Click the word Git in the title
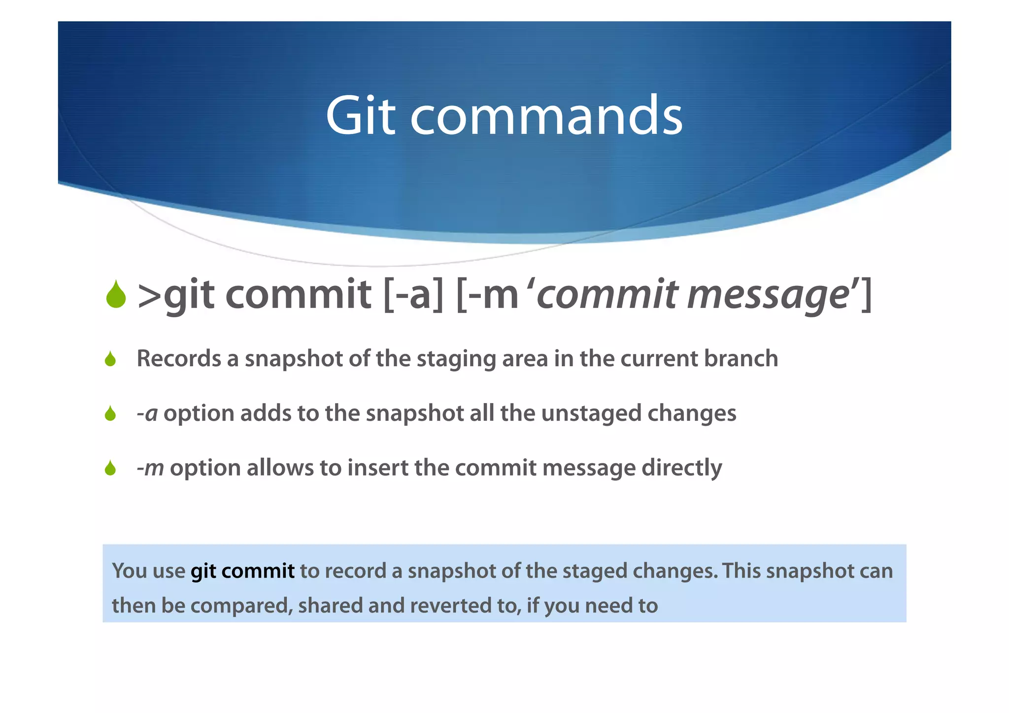tap(360, 116)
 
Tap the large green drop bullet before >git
tap(116, 295)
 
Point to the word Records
tap(178, 358)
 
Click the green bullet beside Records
tap(110, 359)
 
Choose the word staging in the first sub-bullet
tap(456, 359)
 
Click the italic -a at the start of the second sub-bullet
tap(147, 413)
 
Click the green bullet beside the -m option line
tap(110, 468)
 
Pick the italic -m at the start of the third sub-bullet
tap(150, 468)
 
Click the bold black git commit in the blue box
tap(242, 571)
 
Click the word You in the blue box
tap(130, 571)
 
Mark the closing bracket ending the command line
tap(867, 295)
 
